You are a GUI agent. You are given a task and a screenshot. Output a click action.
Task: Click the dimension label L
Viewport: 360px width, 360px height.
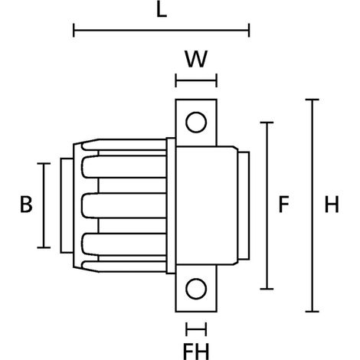point(162,11)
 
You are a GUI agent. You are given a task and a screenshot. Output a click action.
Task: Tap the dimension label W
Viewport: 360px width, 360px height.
point(196,59)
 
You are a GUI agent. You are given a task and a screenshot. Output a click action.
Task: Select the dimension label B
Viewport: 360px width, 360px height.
point(26,205)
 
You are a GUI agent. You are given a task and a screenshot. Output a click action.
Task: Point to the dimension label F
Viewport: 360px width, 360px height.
point(283,205)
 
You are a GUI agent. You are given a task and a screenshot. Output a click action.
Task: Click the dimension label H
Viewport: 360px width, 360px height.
point(332,205)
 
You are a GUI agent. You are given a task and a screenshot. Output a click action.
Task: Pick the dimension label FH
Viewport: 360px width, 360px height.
point(196,352)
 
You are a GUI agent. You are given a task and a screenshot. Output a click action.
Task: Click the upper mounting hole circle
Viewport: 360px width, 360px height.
point(196,123)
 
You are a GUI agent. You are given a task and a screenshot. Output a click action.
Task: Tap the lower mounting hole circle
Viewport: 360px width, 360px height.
point(196,289)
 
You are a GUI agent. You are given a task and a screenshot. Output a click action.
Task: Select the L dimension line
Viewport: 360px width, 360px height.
point(162,30)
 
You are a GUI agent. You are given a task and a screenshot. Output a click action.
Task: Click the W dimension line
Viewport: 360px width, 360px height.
point(196,80)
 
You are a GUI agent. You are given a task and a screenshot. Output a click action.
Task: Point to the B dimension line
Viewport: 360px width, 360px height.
point(44,205)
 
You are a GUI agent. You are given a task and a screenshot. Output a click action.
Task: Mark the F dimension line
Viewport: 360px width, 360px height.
point(267,205)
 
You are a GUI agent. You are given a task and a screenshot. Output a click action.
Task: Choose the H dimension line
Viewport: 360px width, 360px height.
point(312,205)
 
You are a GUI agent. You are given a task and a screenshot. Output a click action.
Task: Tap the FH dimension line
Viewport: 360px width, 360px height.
point(196,329)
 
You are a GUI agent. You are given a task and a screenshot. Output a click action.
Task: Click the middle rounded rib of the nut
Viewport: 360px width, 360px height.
point(124,206)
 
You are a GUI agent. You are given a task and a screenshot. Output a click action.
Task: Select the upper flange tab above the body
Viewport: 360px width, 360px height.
point(196,123)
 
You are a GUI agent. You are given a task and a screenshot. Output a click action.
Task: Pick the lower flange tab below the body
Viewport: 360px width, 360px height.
point(196,289)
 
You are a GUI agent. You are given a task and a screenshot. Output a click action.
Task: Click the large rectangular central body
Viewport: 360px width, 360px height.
point(207,205)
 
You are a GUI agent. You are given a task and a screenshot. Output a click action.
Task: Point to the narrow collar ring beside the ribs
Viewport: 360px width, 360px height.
point(171,206)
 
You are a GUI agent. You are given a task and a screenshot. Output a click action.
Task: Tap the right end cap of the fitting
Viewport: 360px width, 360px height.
point(244,205)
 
